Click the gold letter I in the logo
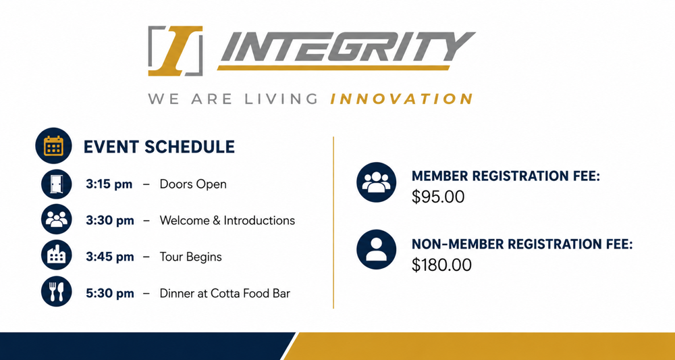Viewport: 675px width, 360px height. pos(175,51)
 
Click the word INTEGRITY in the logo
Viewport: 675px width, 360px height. pos(348,47)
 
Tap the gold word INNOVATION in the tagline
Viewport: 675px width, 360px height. pos(402,99)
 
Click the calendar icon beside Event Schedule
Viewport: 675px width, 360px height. pos(53,146)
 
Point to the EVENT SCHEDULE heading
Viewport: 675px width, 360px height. pos(159,147)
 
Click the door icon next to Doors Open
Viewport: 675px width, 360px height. pos(57,184)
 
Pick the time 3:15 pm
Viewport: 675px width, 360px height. pos(109,184)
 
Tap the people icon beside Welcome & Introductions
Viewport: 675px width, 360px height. pos(57,220)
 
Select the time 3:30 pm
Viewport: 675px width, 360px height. pos(110,220)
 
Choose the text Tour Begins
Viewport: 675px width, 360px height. pos(191,257)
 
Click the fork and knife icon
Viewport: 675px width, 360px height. pos(57,292)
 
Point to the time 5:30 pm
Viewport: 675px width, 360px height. pos(110,294)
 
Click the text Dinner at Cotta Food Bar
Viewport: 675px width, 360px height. pos(225,294)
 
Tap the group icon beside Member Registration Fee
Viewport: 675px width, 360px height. pos(376,182)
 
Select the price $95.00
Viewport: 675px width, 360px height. pos(438,197)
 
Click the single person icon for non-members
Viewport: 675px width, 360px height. pos(376,249)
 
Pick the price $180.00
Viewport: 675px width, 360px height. pos(441,265)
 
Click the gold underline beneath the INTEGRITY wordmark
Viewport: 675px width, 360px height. pos(333,68)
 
